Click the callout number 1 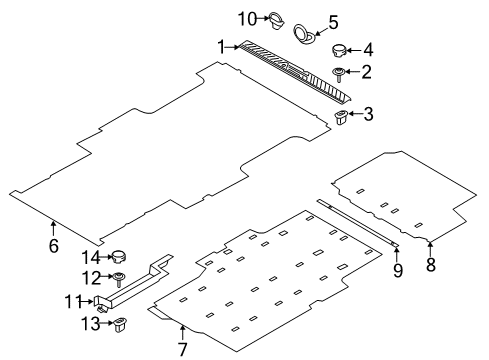click(222, 45)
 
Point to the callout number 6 click(54, 245)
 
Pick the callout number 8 click(431, 265)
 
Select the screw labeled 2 click(341, 72)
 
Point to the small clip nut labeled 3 click(341, 118)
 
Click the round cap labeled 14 click(120, 257)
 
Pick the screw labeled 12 click(120, 278)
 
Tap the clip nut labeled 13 click(120, 323)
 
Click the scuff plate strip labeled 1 click(290, 71)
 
